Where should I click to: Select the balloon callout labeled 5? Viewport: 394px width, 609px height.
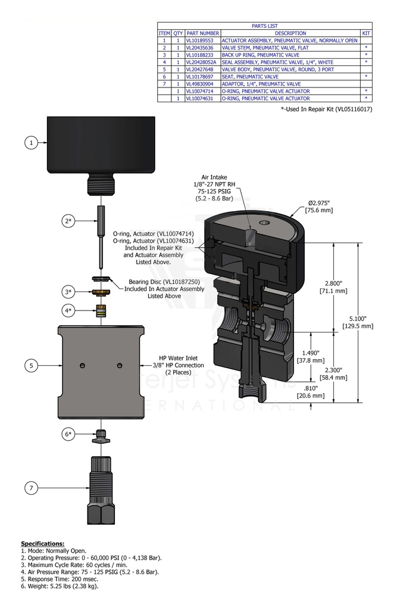[31, 365]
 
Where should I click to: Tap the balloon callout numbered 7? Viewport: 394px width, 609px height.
[31, 488]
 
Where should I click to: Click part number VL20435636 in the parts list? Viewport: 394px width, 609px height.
[202, 48]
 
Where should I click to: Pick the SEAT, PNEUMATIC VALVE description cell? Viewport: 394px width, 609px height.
[258, 77]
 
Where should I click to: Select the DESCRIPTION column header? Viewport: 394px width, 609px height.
[290, 33]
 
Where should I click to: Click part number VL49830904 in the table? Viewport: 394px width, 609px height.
[202, 84]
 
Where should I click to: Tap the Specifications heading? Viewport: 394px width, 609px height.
[42, 544]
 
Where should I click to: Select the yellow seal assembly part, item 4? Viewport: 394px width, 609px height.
[102, 311]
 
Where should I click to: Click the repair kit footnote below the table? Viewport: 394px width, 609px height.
[334, 109]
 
